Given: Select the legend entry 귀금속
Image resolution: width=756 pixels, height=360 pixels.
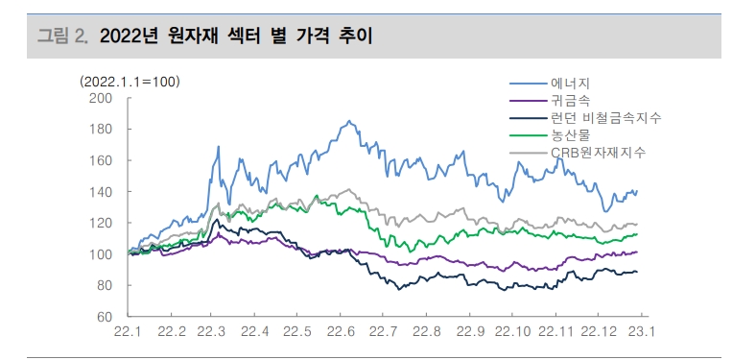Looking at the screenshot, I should pyautogui.click(x=570, y=101).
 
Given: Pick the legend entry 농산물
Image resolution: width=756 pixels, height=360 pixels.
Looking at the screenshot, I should pyautogui.click(x=570, y=135).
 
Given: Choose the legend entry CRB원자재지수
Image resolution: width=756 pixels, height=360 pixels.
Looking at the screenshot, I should pyautogui.click(x=598, y=153).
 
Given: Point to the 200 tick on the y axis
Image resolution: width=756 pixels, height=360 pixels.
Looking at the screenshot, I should pyautogui.click(x=101, y=98).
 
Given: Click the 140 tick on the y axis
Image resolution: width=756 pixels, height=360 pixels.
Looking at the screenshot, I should pyautogui.click(x=101, y=192).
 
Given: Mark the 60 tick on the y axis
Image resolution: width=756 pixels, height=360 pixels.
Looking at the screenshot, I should pyautogui.click(x=105, y=317).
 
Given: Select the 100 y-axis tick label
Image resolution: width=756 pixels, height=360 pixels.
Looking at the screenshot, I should pyautogui.click(x=101, y=254).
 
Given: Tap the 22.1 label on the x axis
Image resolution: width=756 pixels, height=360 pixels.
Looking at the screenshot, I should pyautogui.click(x=129, y=332).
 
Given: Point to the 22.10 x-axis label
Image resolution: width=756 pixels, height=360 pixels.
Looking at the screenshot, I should pyautogui.click(x=514, y=332).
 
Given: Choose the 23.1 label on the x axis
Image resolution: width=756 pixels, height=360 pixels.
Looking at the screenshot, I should pyautogui.click(x=641, y=332).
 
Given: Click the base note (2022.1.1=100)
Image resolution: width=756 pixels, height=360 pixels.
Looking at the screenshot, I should pyautogui.click(x=130, y=82).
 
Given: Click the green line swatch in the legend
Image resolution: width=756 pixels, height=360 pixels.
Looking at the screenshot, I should pyautogui.click(x=527, y=135).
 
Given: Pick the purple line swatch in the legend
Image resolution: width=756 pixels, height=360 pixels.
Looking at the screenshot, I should pyautogui.click(x=527, y=101).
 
